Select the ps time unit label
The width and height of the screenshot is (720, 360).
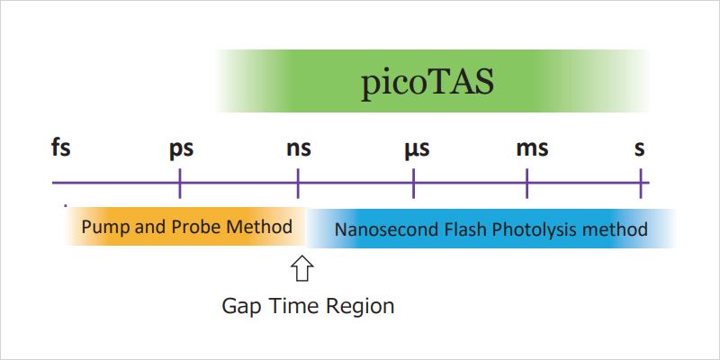coord(181,148)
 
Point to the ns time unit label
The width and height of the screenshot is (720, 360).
coord(299,147)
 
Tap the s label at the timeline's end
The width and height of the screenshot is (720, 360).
coord(640,147)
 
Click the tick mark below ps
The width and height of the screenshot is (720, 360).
coord(181,184)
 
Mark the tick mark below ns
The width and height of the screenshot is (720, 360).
coord(298,184)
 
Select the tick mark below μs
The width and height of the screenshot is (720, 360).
coord(413,184)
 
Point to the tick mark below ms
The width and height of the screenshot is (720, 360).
coord(526,184)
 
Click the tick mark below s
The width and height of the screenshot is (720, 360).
coord(641,184)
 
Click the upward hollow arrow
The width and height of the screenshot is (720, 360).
coord(301,269)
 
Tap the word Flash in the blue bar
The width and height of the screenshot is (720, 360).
coord(457,229)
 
